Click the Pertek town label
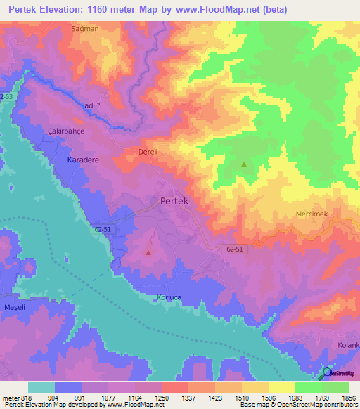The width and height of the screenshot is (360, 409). (x=174, y=200)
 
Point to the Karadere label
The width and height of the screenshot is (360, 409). (x=83, y=160)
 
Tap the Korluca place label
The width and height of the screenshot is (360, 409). (x=169, y=298)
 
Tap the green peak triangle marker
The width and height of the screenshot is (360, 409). (x=244, y=164)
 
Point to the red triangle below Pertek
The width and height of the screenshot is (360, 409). (x=148, y=252)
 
